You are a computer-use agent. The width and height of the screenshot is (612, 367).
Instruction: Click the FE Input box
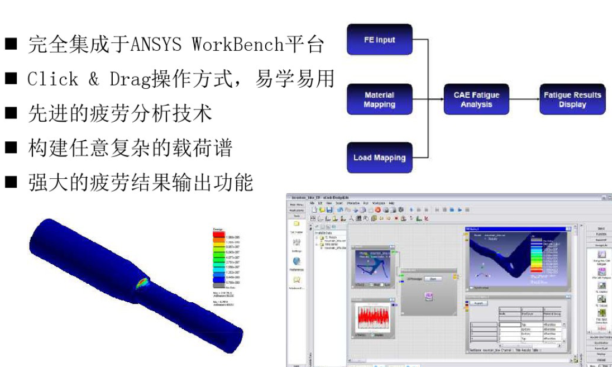(379, 40)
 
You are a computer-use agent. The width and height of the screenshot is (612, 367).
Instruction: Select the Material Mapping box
(379, 99)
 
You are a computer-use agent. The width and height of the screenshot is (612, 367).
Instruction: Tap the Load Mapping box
(379, 158)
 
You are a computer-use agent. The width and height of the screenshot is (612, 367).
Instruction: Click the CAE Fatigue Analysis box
(476, 99)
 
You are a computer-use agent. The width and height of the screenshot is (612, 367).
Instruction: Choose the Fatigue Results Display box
(572, 99)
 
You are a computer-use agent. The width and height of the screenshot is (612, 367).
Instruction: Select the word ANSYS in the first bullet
(156, 45)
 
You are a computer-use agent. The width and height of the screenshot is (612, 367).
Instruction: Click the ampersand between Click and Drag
(93, 79)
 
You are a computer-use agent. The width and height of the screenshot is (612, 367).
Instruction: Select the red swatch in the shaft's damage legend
(219, 235)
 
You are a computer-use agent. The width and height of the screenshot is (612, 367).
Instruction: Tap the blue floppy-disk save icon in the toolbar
(329, 209)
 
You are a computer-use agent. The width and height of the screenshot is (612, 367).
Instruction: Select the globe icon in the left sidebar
(297, 261)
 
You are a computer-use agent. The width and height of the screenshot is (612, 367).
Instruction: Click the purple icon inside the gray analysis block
(428, 296)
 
